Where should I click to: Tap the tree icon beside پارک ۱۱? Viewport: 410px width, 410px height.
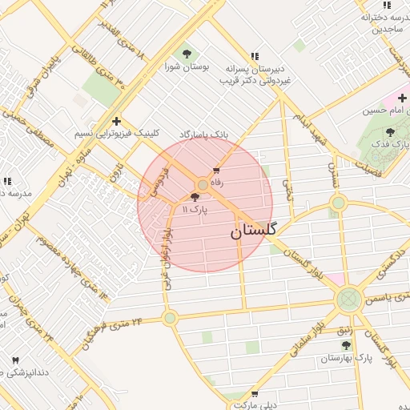point(195,196)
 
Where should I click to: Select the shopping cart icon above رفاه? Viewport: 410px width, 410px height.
point(216,170)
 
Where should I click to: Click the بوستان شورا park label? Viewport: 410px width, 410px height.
point(187,67)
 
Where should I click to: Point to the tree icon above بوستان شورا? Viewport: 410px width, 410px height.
point(187,54)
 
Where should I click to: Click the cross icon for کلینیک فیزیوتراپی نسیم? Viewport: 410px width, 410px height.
point(117,122)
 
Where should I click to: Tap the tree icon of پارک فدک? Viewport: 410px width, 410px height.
point(390,131)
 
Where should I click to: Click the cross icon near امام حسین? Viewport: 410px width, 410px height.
point(401,98)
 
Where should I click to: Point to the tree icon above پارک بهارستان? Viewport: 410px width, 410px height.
point(346,345)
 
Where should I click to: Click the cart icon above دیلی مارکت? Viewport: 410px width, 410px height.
point(255,393)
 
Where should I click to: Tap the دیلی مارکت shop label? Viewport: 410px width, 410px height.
point(255,405)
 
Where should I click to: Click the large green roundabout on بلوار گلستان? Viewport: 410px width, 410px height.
point(348,299)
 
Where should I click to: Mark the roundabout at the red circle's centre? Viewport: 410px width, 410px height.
point(204,185)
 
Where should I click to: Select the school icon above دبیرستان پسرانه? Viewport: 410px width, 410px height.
point(255,56)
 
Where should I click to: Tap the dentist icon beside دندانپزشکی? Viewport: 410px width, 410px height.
point(15,360)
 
